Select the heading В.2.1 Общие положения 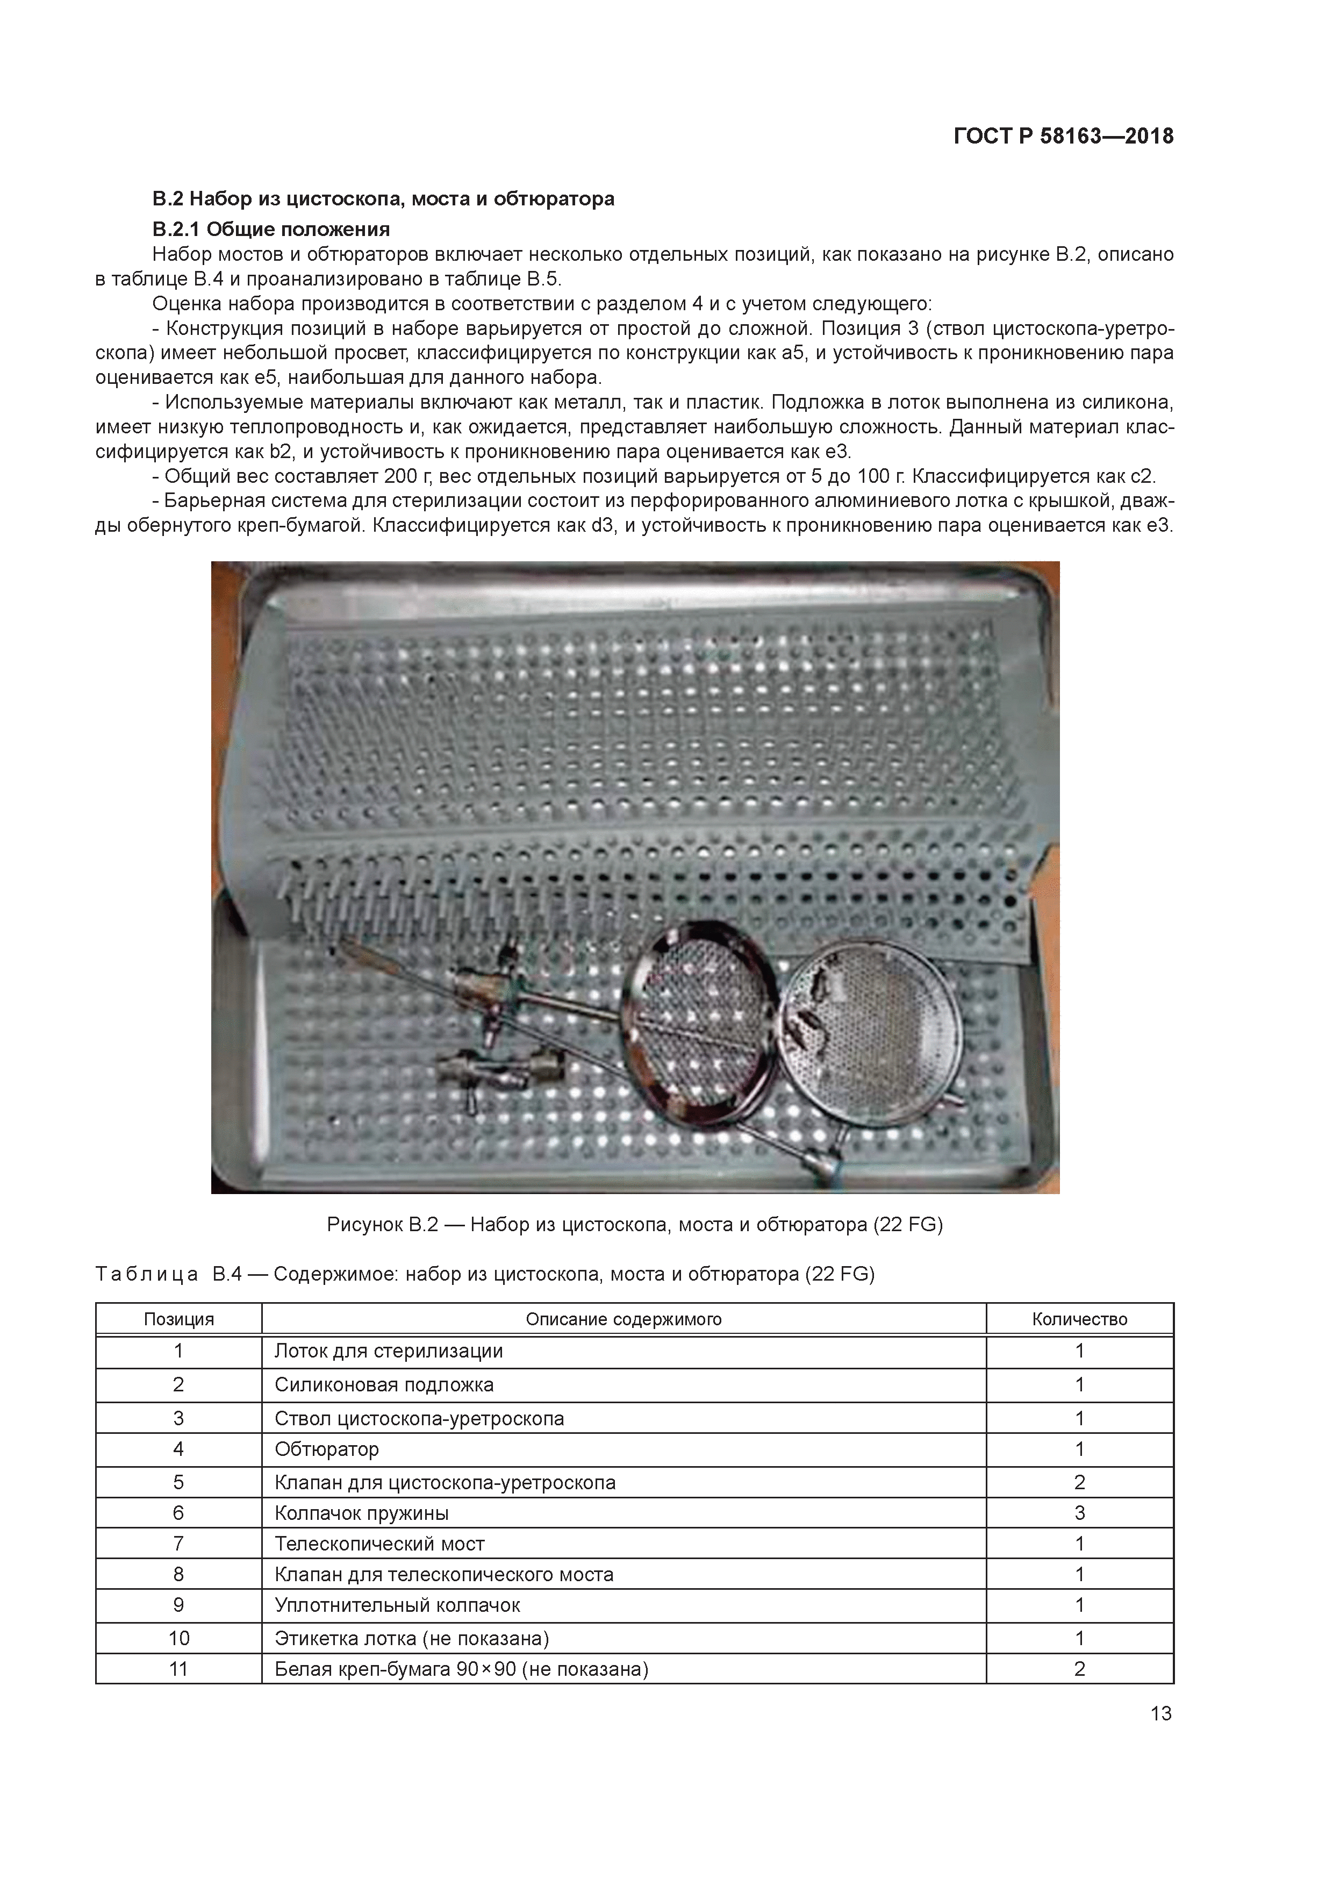[x=270, y=229]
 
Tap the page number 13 [x=1160, y=1713]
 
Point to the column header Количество [x=1079, y=1320]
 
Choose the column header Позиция [x=178, y=1320]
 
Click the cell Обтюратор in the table [x=327, y=1449]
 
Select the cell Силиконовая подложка [x=384, y=1385]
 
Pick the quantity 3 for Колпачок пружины [x=1079, y=1513]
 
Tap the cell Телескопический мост [x=379, y=1544]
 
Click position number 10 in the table [x=178, y=1639]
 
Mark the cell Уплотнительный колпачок [x=398, y=1605]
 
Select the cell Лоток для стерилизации [x=389, y=1351]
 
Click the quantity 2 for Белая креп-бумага [x=1079, y=1669]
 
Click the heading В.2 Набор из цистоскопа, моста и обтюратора [x=383, y=199]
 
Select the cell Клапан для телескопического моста [x=443, y=1575]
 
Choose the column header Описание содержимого [x=623, y=1320]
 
